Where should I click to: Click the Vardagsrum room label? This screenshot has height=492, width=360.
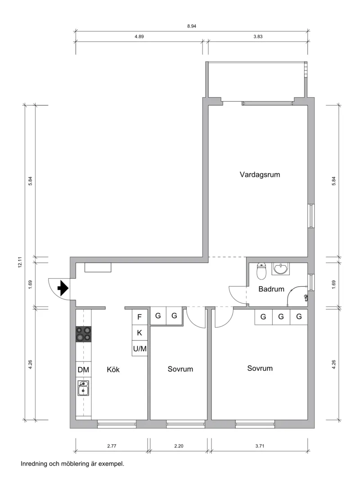coord(260,175)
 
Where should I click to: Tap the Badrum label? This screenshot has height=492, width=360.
coord(271,289)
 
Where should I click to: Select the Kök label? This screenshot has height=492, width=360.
coord(113,369)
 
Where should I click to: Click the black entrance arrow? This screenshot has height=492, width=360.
coord(63,288)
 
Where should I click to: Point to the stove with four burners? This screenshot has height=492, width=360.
coord(84,334)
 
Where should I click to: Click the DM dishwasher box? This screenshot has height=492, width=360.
coord(83,370)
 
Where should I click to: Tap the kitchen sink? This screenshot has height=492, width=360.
coord(83,388)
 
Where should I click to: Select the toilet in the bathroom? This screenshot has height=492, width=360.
coord(261,271)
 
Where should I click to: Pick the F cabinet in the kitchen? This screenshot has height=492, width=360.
coord(139,317)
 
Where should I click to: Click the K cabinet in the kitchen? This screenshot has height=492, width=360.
coord(139,333)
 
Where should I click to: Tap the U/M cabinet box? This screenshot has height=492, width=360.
coord(139,348)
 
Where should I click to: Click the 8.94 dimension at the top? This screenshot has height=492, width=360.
coord(192,27)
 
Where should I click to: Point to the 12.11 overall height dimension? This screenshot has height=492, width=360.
coord(20,262)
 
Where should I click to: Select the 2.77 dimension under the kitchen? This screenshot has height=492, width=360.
coord(112,446)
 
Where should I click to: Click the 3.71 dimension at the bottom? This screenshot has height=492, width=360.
coord(260,446)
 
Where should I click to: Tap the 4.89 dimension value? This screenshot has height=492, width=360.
coord(139,36)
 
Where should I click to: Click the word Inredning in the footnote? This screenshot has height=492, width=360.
coord(34,464)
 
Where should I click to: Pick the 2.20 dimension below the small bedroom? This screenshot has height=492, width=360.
coord(179,446)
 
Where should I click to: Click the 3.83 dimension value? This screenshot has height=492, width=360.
coord(258,36)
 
